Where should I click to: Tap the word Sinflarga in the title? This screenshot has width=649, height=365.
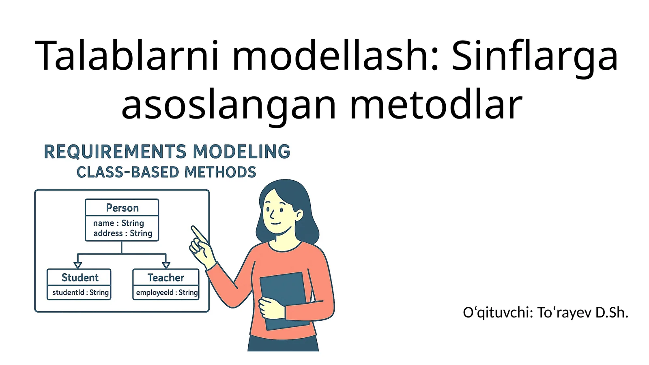(x=535, y=56)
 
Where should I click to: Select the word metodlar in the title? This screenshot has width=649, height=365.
(x=436, y=105)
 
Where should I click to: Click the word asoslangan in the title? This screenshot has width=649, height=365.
(x=229, y=105)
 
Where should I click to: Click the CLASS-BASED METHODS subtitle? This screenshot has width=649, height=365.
(x=166, y=172)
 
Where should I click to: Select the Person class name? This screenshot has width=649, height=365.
(x=122, y=208)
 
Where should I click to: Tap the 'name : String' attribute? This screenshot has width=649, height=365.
(x=118, y=223)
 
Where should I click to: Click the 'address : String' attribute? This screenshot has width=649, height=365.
(x=122, y=233)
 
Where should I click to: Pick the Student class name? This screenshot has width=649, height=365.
(x=80, y=277)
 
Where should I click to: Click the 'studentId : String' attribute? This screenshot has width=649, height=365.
(x=80, y=292)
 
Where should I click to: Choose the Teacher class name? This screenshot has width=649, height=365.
(x=165, y=277)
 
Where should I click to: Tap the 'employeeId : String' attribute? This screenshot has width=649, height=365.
(x=167, y=292)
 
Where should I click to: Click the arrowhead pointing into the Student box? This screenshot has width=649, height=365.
(x=78, y=265)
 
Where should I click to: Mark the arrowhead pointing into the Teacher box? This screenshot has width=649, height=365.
(x=166, y=265)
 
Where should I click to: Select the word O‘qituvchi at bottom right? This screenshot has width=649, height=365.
(x=498, y=312)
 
